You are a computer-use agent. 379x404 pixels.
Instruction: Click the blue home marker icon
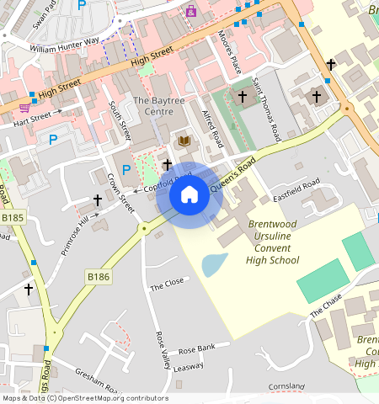click(189, 195)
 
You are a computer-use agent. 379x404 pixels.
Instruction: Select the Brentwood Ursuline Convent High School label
click(272, 242)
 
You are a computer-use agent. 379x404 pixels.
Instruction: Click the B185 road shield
click(13, 217)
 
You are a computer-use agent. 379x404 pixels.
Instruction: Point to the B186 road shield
click(98, 276)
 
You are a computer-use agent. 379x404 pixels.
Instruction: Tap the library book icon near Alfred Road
click(184, 141)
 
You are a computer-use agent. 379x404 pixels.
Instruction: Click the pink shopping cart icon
click(25, 108)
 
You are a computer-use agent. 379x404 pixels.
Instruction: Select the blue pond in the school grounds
click(214, 264)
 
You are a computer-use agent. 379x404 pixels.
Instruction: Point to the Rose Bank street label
click(197, 348)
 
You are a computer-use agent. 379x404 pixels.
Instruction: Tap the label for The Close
click(166, 285)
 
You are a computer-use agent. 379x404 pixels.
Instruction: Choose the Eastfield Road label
click(296, 190)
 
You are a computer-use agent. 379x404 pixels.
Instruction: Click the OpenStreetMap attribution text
click(84, 398)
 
